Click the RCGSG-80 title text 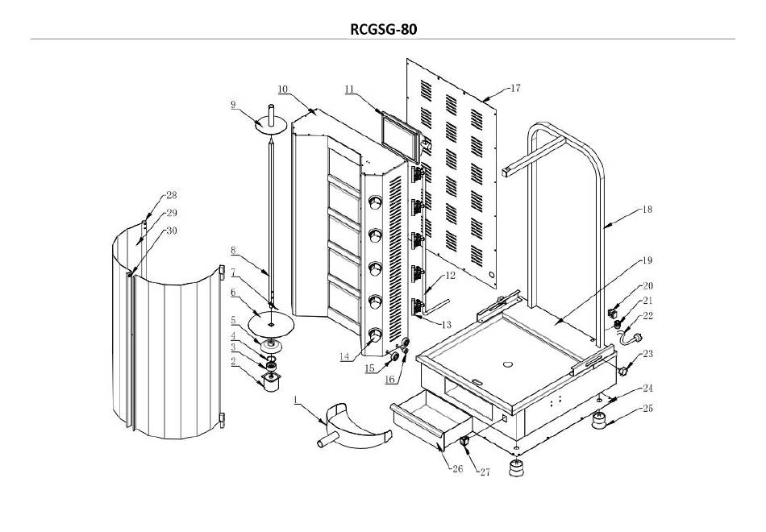pyautogui.click(x=384, y=29)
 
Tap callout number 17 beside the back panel pyautogui.click(x=515, y=89)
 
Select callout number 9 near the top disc pyautogui.click(x=234, y=104)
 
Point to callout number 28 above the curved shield pyautogui.click(x=172, y=195)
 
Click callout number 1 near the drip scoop pyautogui.click(x=296, y=401)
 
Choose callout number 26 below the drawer pyautogui.click(x=457, y=469)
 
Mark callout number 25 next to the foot pyautogui.click(x=647, y=409)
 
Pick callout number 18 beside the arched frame pyautogui.click(x=647, y=210)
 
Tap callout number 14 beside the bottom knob pyautogui.click(x=345, y=356)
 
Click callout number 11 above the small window pyautogui.click(x=349, y=89)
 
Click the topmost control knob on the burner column pyautogui.click(x=376, y=202)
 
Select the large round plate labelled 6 pyautogui.click(x=271, y=324)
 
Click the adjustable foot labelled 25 pyautogui.click(x=599, y=421)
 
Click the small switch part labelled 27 pyautogui.click(x=464, y=441)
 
